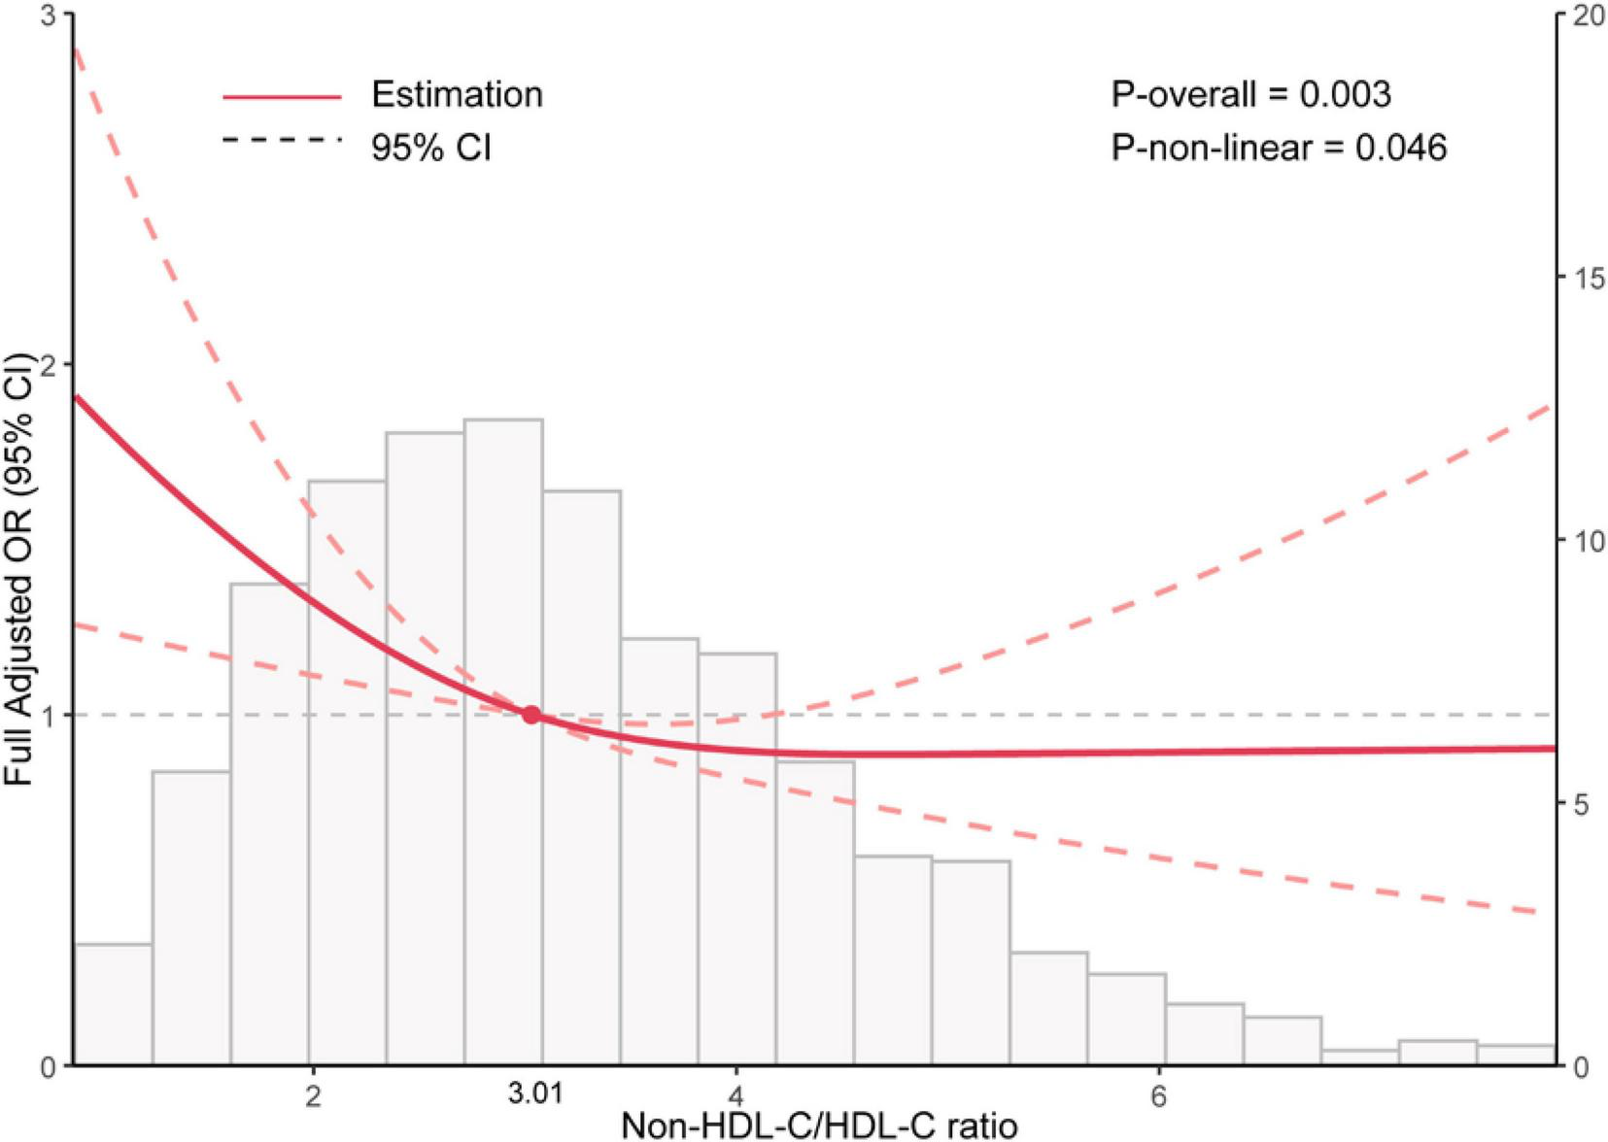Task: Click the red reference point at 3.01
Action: [531, 715]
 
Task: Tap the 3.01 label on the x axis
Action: [535, 1094]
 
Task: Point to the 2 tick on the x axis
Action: [313, 1096]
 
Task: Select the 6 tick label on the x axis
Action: [1158, 1096]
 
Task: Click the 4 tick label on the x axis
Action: [736, 1096]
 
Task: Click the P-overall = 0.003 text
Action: [1250, 94]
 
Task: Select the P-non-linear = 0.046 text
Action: [1279, 148]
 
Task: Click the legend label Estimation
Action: [457, 94]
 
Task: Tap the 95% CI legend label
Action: [430, 148]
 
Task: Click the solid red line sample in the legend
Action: [282, 96]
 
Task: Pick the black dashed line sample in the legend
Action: [282, 141]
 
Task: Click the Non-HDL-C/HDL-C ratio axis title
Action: [819, 1125]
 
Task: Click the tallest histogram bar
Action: [503, 738]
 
